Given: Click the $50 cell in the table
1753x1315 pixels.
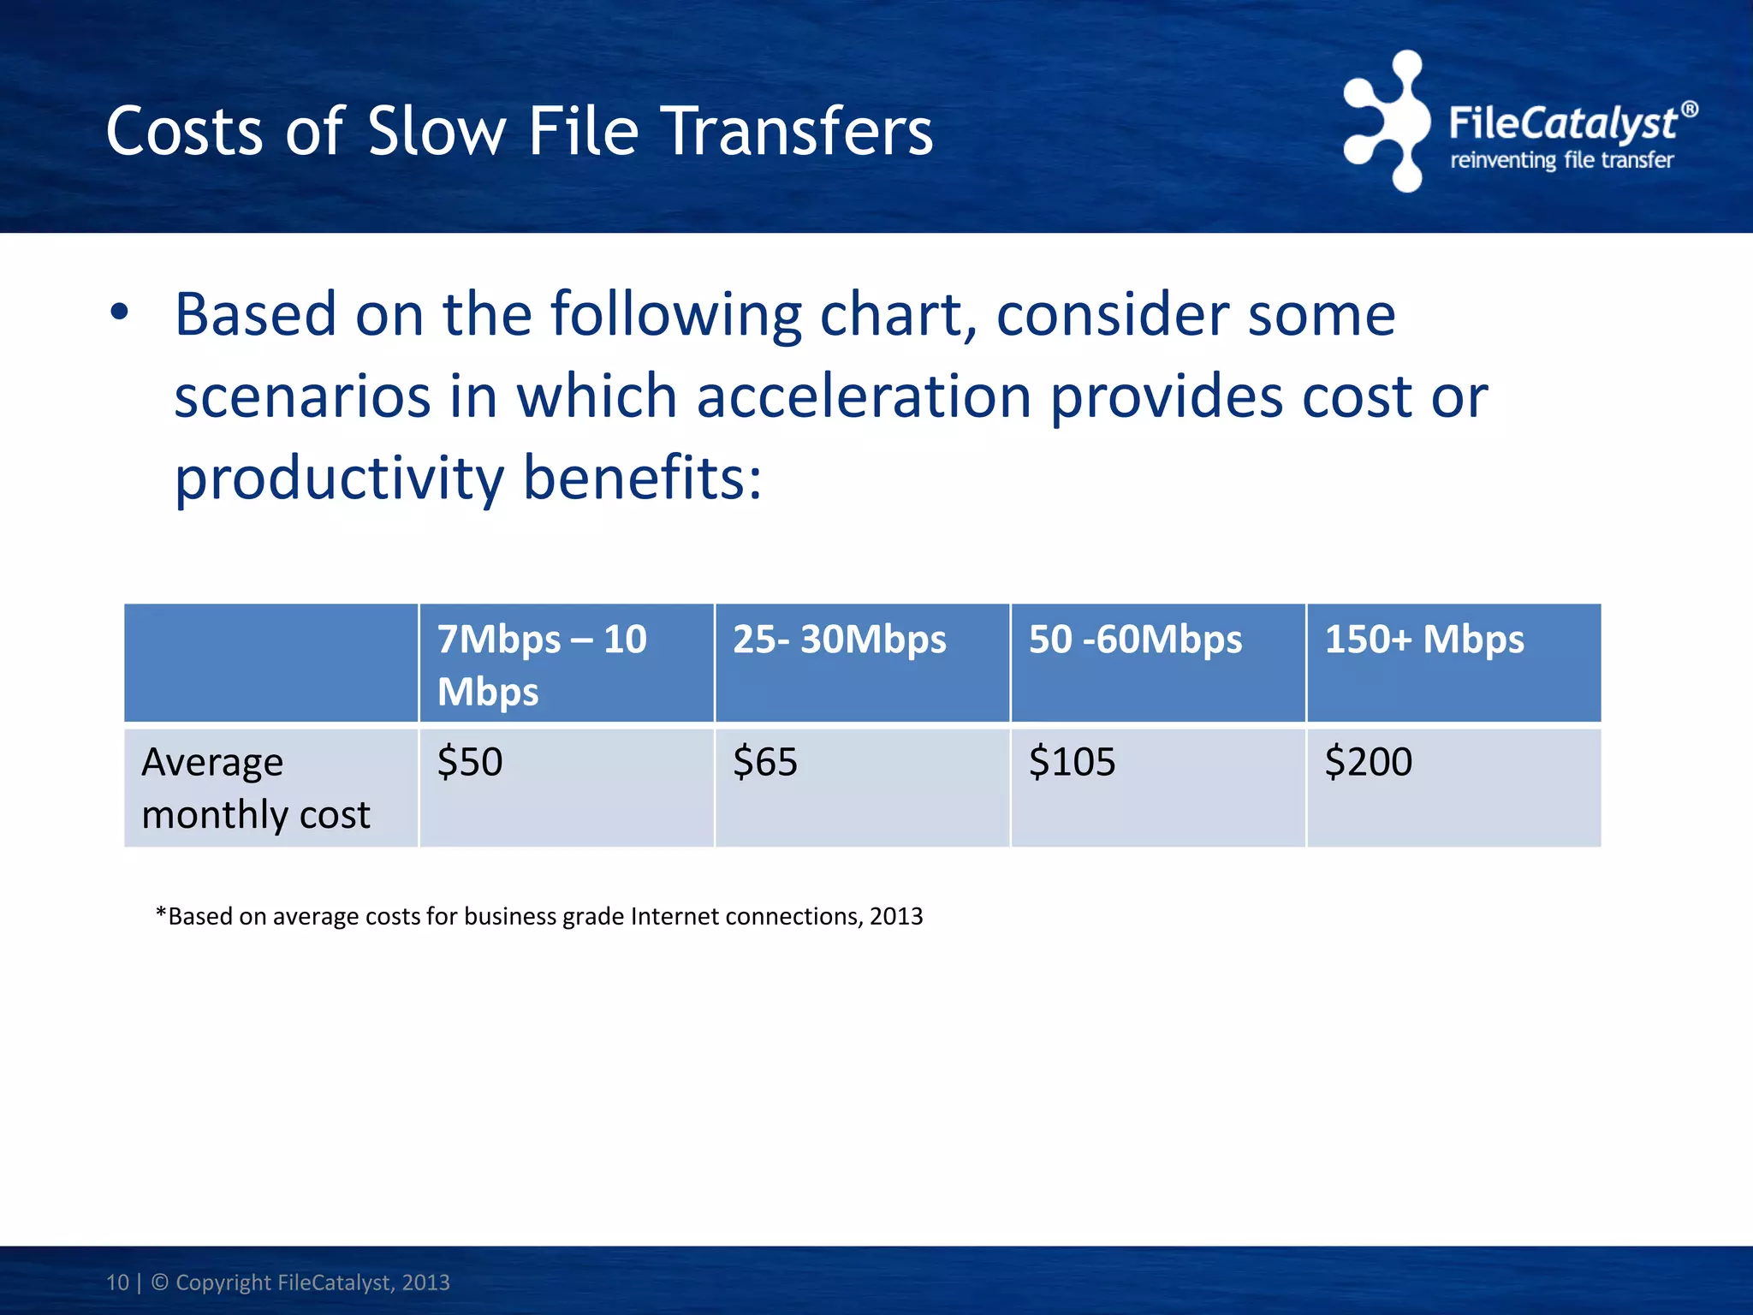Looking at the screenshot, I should click(470, 761).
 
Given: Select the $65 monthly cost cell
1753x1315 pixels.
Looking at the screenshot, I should click(765, 761).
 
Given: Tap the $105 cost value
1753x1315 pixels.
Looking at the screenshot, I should click(1072, 761).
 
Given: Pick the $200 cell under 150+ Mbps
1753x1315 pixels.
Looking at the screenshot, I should click(1368, 761).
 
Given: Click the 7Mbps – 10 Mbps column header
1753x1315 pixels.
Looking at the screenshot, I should click(541, 664).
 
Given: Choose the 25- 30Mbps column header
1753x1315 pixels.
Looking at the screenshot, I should click(839, 640).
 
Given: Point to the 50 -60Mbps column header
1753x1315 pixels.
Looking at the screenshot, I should click(1135, 640).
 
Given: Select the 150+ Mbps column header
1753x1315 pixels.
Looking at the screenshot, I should click(1424, 640).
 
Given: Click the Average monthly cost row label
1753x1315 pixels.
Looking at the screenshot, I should click(255, 788).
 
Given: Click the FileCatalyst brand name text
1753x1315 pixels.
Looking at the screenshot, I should click(1562, 123).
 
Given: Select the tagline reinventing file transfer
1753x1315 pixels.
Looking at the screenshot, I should click(1561, 160).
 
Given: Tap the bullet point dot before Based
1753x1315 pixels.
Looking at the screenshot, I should click(119, 312).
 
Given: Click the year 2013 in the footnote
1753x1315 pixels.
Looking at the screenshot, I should click(896, 916).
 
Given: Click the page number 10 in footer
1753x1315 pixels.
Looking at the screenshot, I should click(117, 1282).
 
